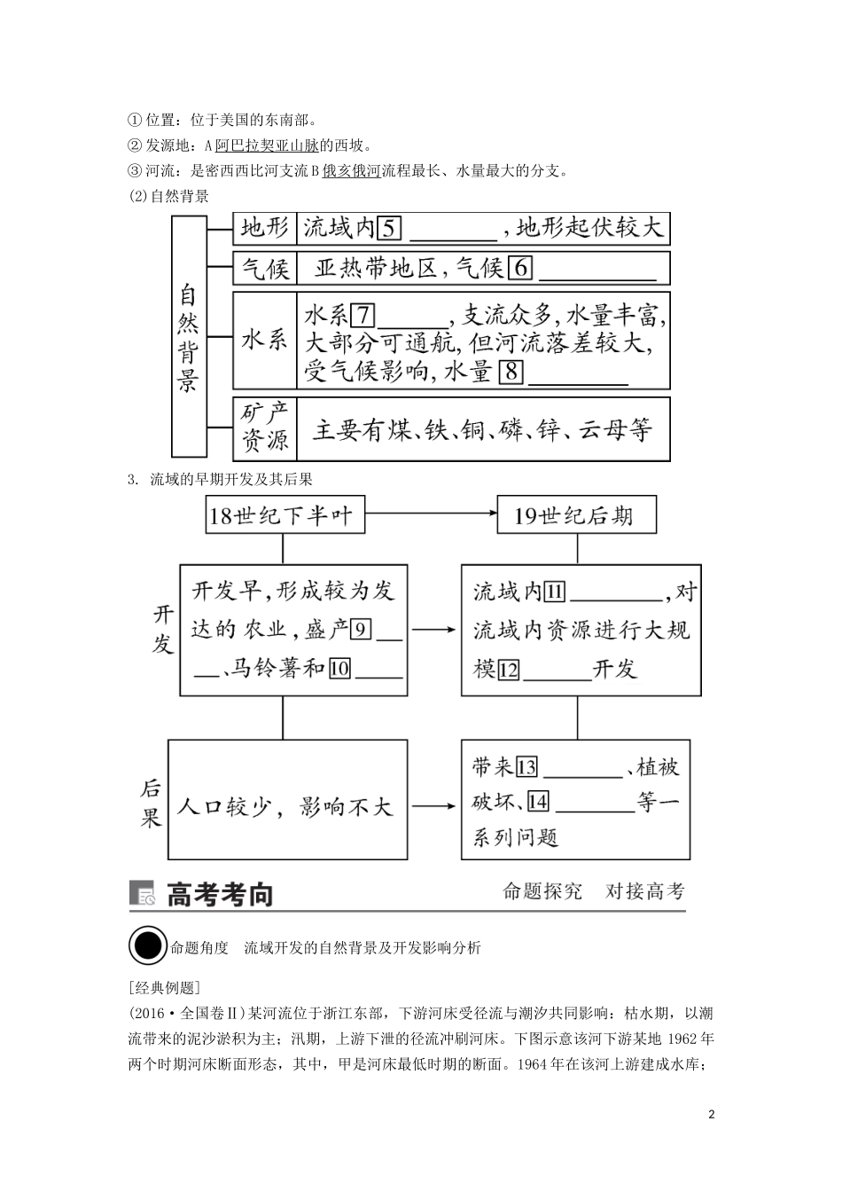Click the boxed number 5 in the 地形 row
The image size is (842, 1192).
(390, 229)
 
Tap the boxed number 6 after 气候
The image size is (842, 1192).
(520, 268)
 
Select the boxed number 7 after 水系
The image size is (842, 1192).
(364, 316)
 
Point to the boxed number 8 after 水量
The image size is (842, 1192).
(511, 371)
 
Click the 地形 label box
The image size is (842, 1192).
(265, 229)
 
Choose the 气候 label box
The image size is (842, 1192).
(265, 268)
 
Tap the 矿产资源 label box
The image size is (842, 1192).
(265, 428)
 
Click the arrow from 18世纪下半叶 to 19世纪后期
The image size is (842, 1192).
(430, 514)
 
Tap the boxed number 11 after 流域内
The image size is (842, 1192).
(555, 592)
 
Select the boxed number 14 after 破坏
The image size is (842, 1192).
(538, 803)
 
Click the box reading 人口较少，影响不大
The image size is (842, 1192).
(283, 805)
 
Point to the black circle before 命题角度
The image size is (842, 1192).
(147, 946)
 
